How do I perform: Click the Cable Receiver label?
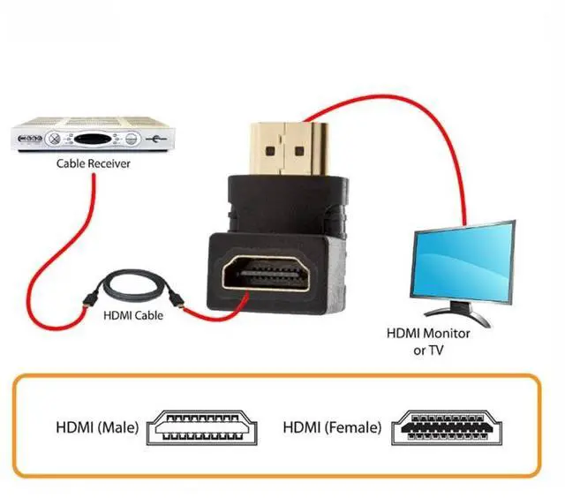[x=94, y=163]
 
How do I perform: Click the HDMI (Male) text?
[x=96, y=427]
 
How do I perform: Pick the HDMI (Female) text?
[x=332, y=427]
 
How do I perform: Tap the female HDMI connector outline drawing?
[x=448, y=426]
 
